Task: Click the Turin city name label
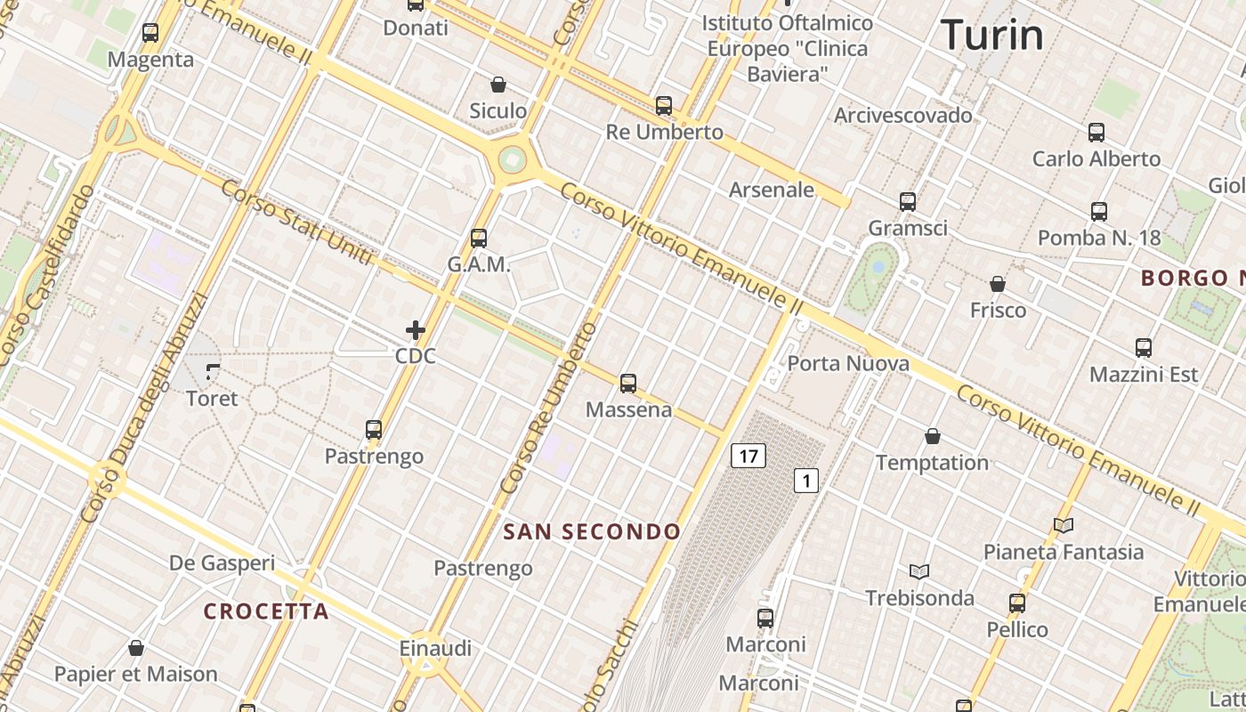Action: [x=991, y=36]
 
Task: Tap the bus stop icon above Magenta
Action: [x=150, y=33]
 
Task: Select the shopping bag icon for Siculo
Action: [x=498, y=85]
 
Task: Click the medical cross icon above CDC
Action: [x=415, y=331]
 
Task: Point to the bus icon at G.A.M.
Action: [x=479, y=239]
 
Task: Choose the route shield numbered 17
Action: [x=748, y=457]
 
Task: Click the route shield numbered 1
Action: [x=805, y=481]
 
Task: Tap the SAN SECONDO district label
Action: [x=592, y=532]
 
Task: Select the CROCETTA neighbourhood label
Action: [x=266, y=611]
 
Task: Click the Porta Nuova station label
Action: [x=848, y=363]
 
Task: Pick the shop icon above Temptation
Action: [x=932, y=436]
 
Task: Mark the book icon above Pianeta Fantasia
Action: [x=1063, y=525]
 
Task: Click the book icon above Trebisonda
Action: [x=919, y=571]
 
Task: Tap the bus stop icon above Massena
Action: [x=628, y=384]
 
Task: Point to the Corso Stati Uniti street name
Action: [x=295, y=222]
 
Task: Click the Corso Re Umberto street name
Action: [x=549, y=409]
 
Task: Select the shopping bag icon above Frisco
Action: [x=998, y=284]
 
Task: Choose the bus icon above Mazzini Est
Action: [x=1144, y=348]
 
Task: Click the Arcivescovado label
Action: [x=902, y=115]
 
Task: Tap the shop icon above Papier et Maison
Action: [x=136, y=648]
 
